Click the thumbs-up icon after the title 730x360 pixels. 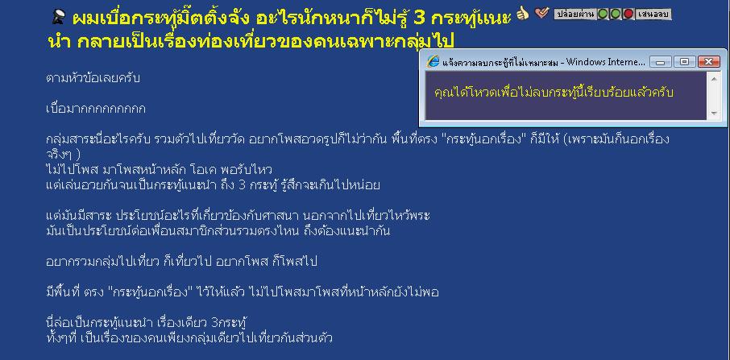(523, 14)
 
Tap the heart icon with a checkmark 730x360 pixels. (542, 14)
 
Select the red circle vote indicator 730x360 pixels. (628, 14)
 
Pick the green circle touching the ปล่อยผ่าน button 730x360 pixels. (603, 14)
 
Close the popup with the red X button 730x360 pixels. (709, 61)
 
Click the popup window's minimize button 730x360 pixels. (661, 61)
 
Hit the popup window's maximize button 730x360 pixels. (684, 61)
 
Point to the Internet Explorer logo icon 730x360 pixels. (433, 61)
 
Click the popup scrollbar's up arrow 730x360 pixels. (714, 78)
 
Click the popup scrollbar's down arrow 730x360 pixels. (714, 113)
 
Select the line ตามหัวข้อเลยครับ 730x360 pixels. (93, 78)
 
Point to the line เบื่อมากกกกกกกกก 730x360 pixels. (96, 109)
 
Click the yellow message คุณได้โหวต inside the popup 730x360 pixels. (554, 92)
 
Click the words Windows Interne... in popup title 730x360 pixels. (606, 62)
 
